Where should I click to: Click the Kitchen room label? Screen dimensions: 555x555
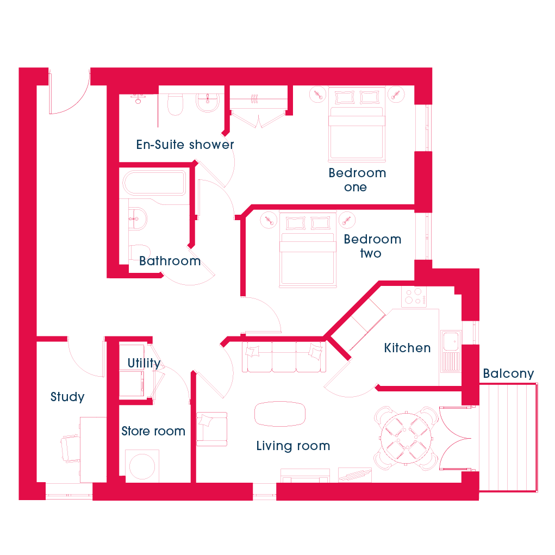(x=407, y=348)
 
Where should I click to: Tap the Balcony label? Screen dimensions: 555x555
(x=508, y=374)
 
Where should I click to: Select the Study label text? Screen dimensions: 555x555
(x=67, y=397)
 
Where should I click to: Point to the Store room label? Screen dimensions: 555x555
(x=153, y=431)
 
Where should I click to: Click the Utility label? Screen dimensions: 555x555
(x=144, y=364)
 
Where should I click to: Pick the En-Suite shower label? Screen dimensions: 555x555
(x=185, y=145)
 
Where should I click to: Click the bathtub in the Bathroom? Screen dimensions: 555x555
(x=154, y=183)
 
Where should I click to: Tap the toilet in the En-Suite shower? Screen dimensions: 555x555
(x=175, y=104)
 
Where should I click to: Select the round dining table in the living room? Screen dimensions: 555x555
(x=407, y=438)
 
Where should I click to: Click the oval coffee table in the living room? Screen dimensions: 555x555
(x=279, y=414)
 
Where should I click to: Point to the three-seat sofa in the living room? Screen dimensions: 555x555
(x=284, y=357)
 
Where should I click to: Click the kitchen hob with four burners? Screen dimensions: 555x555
(x=414, y=297)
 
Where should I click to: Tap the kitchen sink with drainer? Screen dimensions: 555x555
(x=451, y=351)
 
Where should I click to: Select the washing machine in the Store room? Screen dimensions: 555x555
(x=142, y=466)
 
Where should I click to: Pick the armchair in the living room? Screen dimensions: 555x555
(x=211, y=429)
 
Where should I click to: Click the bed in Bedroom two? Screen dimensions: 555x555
(x=308, y=250)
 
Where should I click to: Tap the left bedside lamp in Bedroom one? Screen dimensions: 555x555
(x=317, y=95)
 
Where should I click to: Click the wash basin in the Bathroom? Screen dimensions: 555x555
(x=138, y=219)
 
